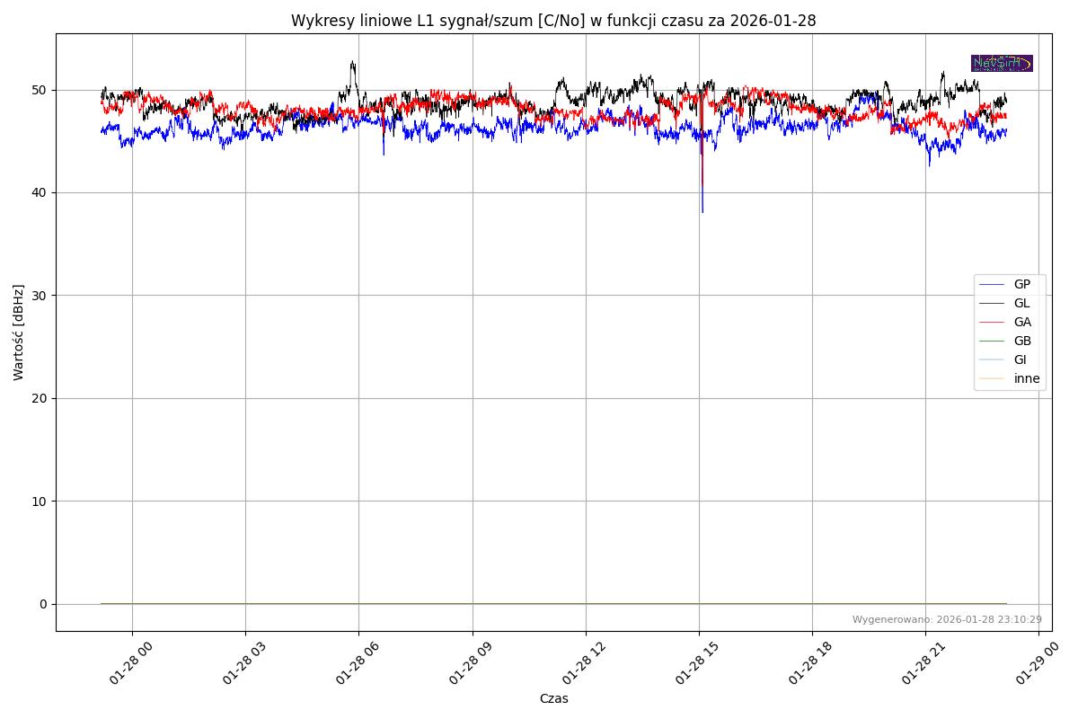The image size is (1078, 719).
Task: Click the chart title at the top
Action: pyautogui.click(x=553, y=21)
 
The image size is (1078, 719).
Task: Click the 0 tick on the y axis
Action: pyautogui.click(x=43, y=604)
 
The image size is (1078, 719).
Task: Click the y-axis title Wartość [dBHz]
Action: pyautogui.click(x=19, y=332)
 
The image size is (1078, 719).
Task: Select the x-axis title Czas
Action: pyautogui.click(x=553, y=698)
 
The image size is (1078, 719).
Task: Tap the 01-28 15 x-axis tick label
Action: pyautogui.click(x=688, y=665)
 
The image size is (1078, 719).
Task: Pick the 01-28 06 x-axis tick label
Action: pyautogui.click(x=348, y=665)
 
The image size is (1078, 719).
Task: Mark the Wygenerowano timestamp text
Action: pyautogui.click(x=947, y=619)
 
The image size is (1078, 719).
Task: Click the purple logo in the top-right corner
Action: pyautogui.click(x=1002, y=63)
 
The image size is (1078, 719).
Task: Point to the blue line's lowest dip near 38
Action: pyautogui.click(x=702, y=211)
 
